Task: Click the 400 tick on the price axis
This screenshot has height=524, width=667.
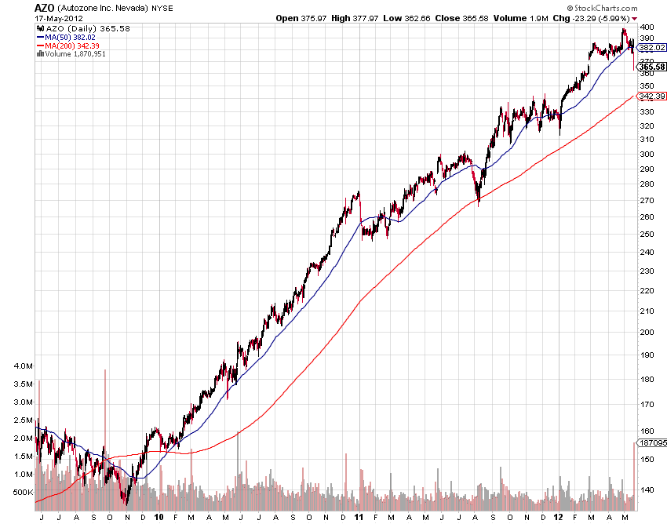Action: (x=647, y=27)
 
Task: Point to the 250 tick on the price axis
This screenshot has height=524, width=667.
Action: (x=647, y=235)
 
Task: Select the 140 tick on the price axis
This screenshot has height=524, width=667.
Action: (x=647, y=490)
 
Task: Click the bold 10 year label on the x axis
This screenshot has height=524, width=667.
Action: (x=159, y=517)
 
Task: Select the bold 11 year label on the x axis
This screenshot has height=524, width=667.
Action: (x=359, y=517)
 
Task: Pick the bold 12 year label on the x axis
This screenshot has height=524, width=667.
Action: (x=558, y=517)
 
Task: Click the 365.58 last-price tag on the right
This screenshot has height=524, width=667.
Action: (x=651, y=67)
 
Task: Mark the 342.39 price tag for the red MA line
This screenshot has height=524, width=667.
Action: (x=651, y=96)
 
